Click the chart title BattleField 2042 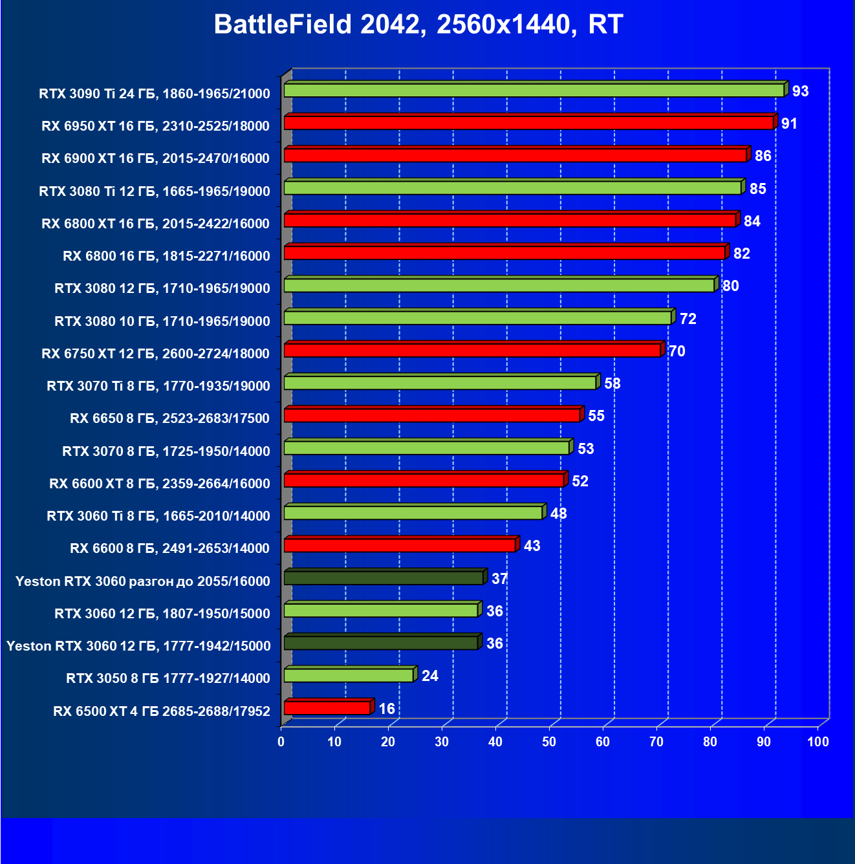(418, 25)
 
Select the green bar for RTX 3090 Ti (534, 91)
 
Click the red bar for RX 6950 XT (528, 123)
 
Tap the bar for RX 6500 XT (327, 708)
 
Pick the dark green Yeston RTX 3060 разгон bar (384, 578)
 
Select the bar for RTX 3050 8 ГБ (349, 676)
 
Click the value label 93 (800, 91)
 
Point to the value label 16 (387, 709)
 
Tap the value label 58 (612, 383)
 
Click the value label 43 (532, 546)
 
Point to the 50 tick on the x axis (549, 742)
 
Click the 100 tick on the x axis (817, 742)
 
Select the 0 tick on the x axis (281, 742)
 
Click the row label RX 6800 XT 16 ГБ (155, 224)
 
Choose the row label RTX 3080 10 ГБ (162, 321)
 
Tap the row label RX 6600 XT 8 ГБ (159, 484)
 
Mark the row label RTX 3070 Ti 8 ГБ (158, 386)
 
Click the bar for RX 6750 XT (472, 351)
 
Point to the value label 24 (429, 676)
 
